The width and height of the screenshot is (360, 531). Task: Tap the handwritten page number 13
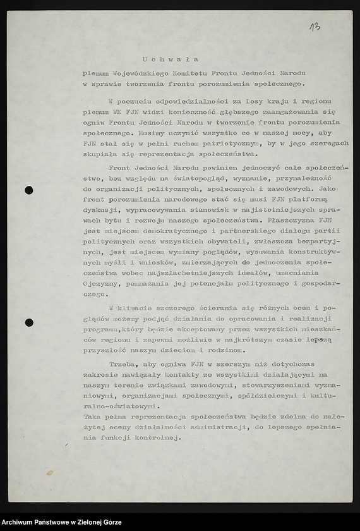pyautogui.click(x=315, y=27)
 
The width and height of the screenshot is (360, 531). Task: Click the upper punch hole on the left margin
pyautogui.click(x=28, y=190)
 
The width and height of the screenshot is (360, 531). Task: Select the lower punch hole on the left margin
pyautogui.click(x=28, y=323)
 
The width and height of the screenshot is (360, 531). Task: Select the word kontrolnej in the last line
pyautogui.click(x=160, y=437)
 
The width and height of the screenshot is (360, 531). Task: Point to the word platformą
pyautogui.click(x=320, y=200)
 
